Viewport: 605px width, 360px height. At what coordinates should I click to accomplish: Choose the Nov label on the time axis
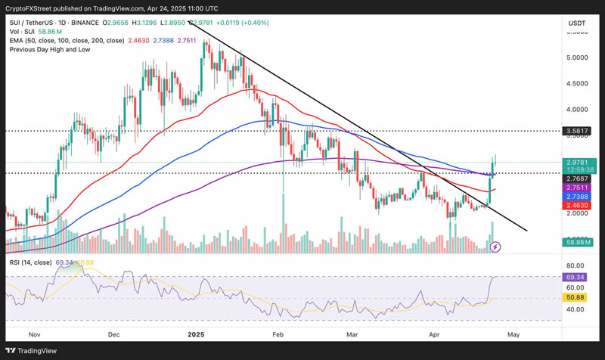coord(33,333)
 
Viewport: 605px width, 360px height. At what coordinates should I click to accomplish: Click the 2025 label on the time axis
coord(197,333)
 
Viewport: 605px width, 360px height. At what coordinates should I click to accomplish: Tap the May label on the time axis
coord(513,333)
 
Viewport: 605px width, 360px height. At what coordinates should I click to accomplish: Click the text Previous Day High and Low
coord(51,49)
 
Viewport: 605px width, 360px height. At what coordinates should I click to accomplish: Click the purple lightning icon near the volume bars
coord(496,247)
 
